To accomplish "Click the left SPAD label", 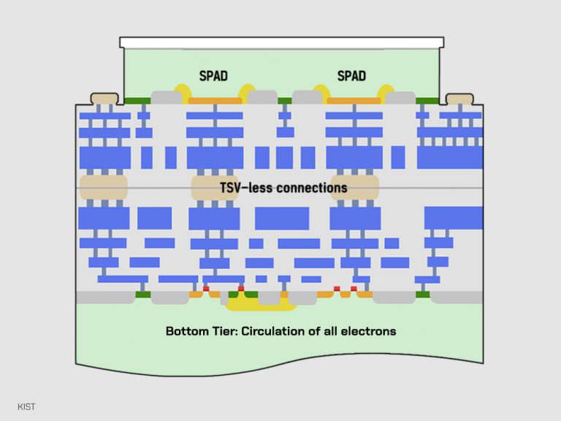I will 214,76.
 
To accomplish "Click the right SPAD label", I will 351,76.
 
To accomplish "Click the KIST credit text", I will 26,406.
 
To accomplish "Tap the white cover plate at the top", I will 281,42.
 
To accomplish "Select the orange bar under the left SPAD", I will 215,101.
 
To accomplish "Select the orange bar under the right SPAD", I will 354,101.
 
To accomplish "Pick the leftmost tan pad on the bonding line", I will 104,187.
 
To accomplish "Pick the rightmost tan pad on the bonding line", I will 355,187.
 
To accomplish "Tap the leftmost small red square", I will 206,289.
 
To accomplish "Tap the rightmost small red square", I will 354,289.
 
